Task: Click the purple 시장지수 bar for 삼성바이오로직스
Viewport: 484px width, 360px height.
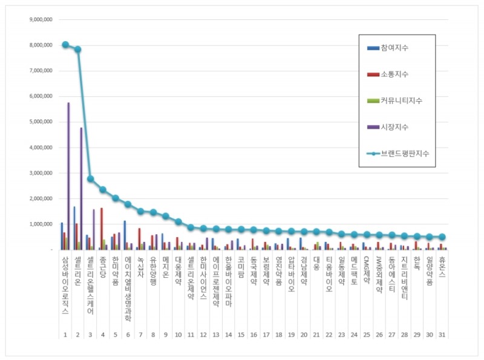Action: pyautogui.click(x=68, y=175)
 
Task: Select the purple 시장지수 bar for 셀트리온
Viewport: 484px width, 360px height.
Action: pyautogui.click(x=81, y=188)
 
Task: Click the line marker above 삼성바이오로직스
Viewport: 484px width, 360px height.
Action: pyautogui.click(x=65, y=45)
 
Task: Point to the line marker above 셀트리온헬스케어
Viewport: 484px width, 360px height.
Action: pyautogui.click(x=90, y=178)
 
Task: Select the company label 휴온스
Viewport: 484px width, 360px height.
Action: pyautogui.click(x=442, y=266)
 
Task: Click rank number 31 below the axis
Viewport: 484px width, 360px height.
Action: pyautogui.click(x=442, y=334)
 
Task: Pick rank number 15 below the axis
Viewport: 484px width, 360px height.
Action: pyautogui.click(x=241, y=334)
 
